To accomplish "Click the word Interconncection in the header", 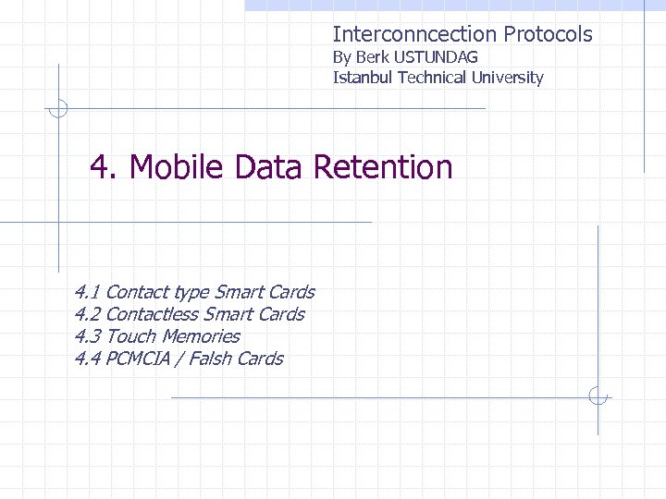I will (x=415, y=35).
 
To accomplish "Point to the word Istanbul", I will (x=363, y=78).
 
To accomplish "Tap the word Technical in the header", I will (x=432, y=78).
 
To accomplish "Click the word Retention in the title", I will (x=383, y=167).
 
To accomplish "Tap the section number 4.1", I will (x=88, y=292).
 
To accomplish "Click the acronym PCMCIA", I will (x=138, y=359).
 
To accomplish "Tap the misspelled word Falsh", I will (x=210, y=359).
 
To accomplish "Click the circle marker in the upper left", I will (x=58, y=108).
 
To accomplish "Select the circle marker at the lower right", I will (x=598, y=397).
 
